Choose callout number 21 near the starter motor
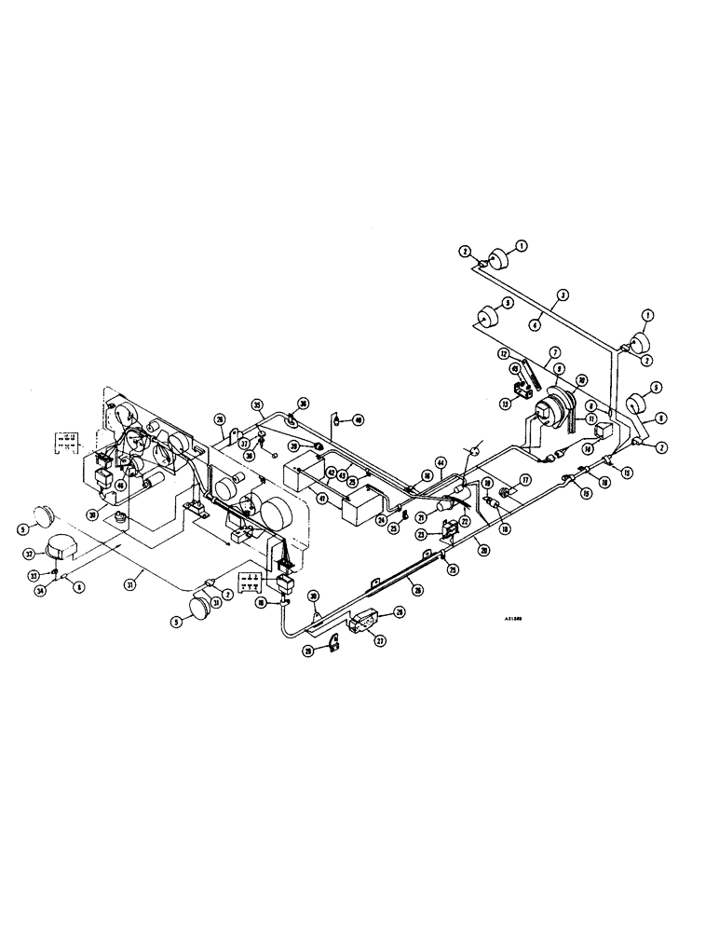[421, 517]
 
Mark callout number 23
[421, 535]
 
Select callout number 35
[256, 404]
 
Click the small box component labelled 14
[603, 431]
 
